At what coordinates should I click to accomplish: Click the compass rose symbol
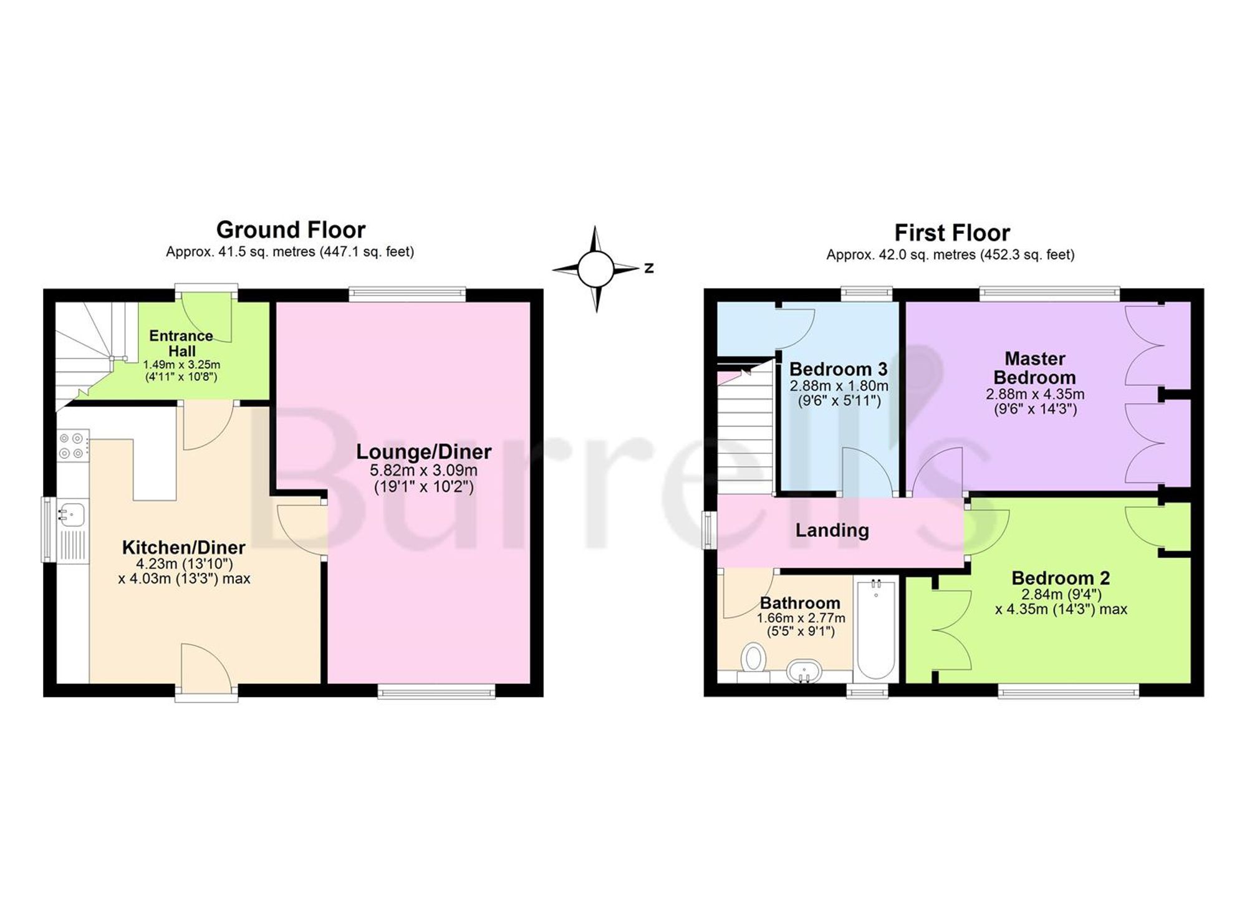(x=595, y=269)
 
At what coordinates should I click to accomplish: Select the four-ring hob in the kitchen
(x=73, y=446)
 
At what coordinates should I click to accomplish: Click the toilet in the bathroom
(x=753, y=661)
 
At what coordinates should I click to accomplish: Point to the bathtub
(x=876, y=630)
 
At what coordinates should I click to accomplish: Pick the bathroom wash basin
(x=804, y=671)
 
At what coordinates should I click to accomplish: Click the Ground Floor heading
(x=291, y=230)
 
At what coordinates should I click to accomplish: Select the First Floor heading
(x=952, y=233)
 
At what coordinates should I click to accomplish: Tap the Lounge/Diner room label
(x=424, y=451)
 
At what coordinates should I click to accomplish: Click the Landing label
(x=832, y=530)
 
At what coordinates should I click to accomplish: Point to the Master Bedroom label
(x=1035, y=368)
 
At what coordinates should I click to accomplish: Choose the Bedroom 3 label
(x=839, y=369)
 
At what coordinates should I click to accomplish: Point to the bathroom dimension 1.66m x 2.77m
(x=801, y=618)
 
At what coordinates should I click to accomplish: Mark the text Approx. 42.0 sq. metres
(x=901, y=255)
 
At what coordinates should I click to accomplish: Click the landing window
(x=710, y=530)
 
